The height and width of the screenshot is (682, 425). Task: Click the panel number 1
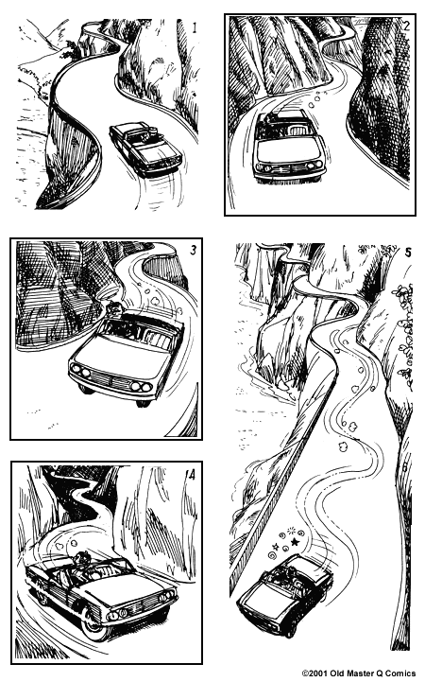click(195, 28)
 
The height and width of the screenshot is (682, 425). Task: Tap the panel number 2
click(406, 26)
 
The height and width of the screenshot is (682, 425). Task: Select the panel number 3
click(194, 250)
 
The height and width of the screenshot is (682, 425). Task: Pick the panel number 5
click(408, 253)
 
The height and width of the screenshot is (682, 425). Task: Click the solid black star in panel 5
click(295, 542)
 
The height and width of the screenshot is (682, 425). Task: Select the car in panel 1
click(145, 149)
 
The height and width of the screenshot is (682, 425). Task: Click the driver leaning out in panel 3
click(114, 309)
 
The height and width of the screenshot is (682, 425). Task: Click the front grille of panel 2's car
click(289, 167)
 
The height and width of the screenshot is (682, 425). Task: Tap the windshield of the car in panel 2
click(289, 131)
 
